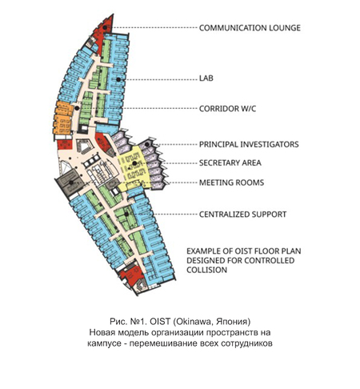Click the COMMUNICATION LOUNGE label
pos(250,28)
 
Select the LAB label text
pos(206,78)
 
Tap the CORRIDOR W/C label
pos(227,109)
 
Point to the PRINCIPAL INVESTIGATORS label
pos(249,144)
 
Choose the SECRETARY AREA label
pos(230,162)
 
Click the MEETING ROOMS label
pos(231,182)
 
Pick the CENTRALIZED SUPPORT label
pos(242,215)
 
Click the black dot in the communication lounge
pos(105,27)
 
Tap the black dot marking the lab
pos(118,79)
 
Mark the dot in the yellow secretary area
pos(134,163)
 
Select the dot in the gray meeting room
pos(71,182)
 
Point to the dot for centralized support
pos(126,214)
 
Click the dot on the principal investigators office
pos(147,144)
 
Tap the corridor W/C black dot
pos(77,108)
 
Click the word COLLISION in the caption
pos(206,270)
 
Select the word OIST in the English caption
pos(244,251)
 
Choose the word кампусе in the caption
pos(104,343)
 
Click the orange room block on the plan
pos(63,118)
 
